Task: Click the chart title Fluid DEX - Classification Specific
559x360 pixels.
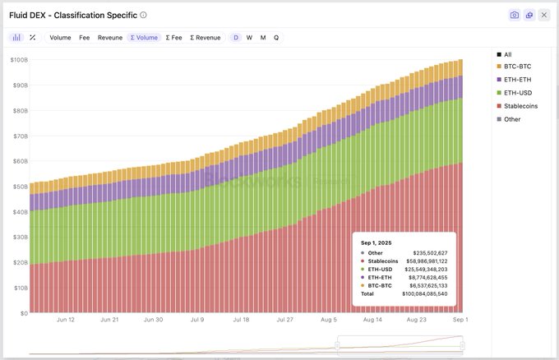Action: pos(72,15)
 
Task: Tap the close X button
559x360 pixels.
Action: pos(544,15)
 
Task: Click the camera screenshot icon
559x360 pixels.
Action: pos(515,15)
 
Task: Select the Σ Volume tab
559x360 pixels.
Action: pos(143,38)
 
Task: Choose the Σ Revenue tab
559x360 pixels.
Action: pos(205,38)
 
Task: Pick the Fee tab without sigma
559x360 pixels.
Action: pos(85,38)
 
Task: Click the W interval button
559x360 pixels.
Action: pos(249,38)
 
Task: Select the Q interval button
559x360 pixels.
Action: pos(276,38)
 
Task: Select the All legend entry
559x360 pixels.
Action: pos(507,54)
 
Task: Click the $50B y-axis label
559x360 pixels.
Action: pos(19,187)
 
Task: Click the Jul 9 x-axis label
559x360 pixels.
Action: pos(196,319)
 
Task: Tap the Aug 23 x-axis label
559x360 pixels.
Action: pos(417,319)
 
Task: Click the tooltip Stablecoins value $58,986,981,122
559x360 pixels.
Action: pos(426,261)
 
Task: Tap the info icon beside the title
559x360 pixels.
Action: pos(144,15)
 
